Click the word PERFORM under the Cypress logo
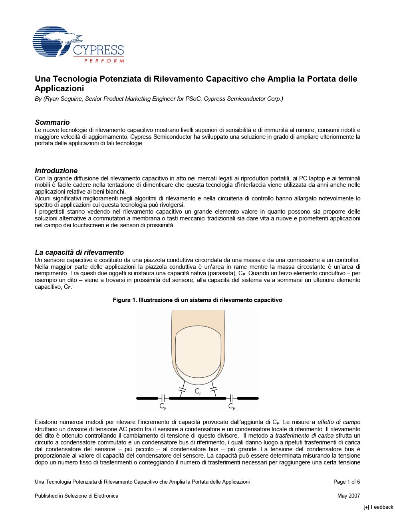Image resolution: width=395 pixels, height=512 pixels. (104, 61)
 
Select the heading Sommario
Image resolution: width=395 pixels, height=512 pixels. (52, 122)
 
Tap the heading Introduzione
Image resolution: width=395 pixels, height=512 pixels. (56, 171)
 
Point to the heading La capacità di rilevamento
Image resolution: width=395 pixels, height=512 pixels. (79, 252)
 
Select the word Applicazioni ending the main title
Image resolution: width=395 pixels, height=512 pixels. (60, 88)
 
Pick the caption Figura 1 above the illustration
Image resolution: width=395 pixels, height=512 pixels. (197, 300)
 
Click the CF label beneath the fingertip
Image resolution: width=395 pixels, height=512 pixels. (198, 391)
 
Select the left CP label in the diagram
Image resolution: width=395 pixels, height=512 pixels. (163, 406)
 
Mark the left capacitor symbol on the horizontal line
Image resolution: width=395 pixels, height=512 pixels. (163, 398)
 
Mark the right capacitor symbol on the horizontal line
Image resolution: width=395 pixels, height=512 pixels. (232, 398)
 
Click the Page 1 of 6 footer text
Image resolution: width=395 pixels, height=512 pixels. (347, 482)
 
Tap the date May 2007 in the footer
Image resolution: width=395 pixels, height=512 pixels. (349, 496)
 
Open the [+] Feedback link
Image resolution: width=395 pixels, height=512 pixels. (378, 507)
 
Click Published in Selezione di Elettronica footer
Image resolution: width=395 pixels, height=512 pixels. (77, 496)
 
